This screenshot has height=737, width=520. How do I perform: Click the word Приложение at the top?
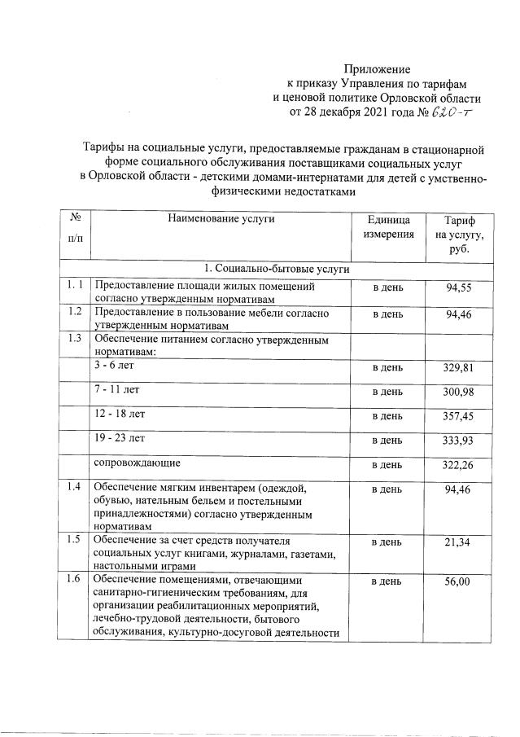tap(378, 69)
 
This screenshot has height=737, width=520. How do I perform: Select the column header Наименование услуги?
tap(221, 219)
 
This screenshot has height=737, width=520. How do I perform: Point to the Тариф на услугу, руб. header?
tap(459, 234)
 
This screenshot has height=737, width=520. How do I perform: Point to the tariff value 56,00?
tap(459, 582)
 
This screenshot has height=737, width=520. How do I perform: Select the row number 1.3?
tap(75, 338)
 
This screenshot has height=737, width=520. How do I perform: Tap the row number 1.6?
tap(75, 580)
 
